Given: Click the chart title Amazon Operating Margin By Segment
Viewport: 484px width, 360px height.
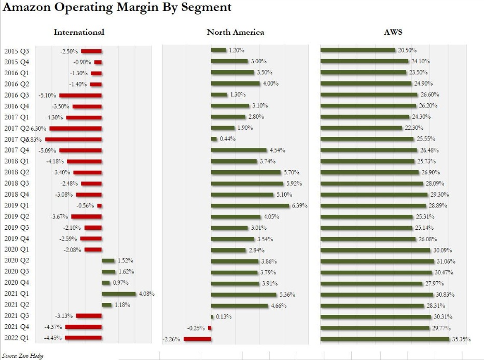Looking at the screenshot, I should point(117,8).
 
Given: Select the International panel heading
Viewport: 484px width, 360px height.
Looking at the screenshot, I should point(79,32).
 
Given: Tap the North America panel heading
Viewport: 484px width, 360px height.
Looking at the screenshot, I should point(235,32).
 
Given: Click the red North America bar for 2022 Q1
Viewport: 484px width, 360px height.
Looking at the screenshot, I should point(198,339).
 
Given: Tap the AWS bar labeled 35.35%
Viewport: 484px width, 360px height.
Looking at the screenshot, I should point(384,339).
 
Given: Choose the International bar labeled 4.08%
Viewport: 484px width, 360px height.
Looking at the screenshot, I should point(119,294).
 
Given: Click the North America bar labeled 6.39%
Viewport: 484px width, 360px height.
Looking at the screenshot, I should point(250,205).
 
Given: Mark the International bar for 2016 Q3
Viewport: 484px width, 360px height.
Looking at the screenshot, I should point(80,95).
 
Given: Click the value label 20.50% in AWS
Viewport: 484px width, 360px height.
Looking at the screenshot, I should point(407,51).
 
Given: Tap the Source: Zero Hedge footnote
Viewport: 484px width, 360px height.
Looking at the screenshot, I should point(23,355).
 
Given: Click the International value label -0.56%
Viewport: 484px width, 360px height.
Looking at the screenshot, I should point(86,205).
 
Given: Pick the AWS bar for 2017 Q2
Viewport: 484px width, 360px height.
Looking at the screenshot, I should point(361,128).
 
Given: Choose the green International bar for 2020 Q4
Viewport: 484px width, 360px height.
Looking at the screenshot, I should point(106,283).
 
